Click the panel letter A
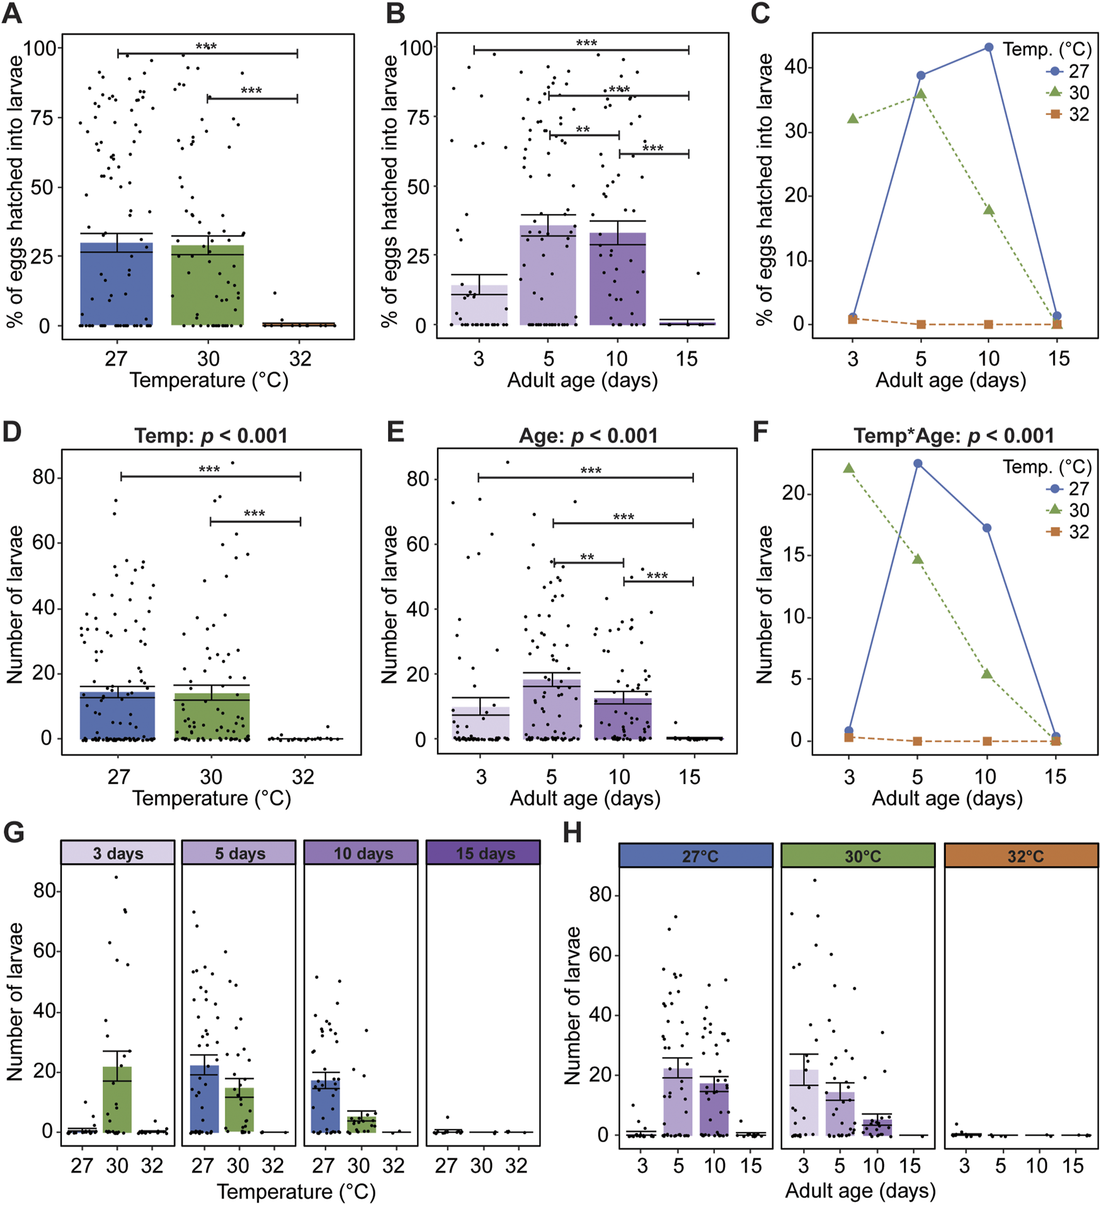pos(12,13)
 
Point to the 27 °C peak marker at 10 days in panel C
pos(989,48)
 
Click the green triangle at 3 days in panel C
pos(853,118)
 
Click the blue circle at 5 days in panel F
pos(918,463)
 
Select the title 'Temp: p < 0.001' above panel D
pos(211,436)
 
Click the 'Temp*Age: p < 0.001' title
pos(954,436)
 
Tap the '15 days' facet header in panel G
pos(483,854)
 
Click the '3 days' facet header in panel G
pos(118,854)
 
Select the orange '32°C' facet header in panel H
pos(1022,856)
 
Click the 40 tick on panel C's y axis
pos(795,67)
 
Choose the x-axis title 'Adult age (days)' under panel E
pos(585,798)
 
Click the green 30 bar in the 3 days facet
pos(118,1099)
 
